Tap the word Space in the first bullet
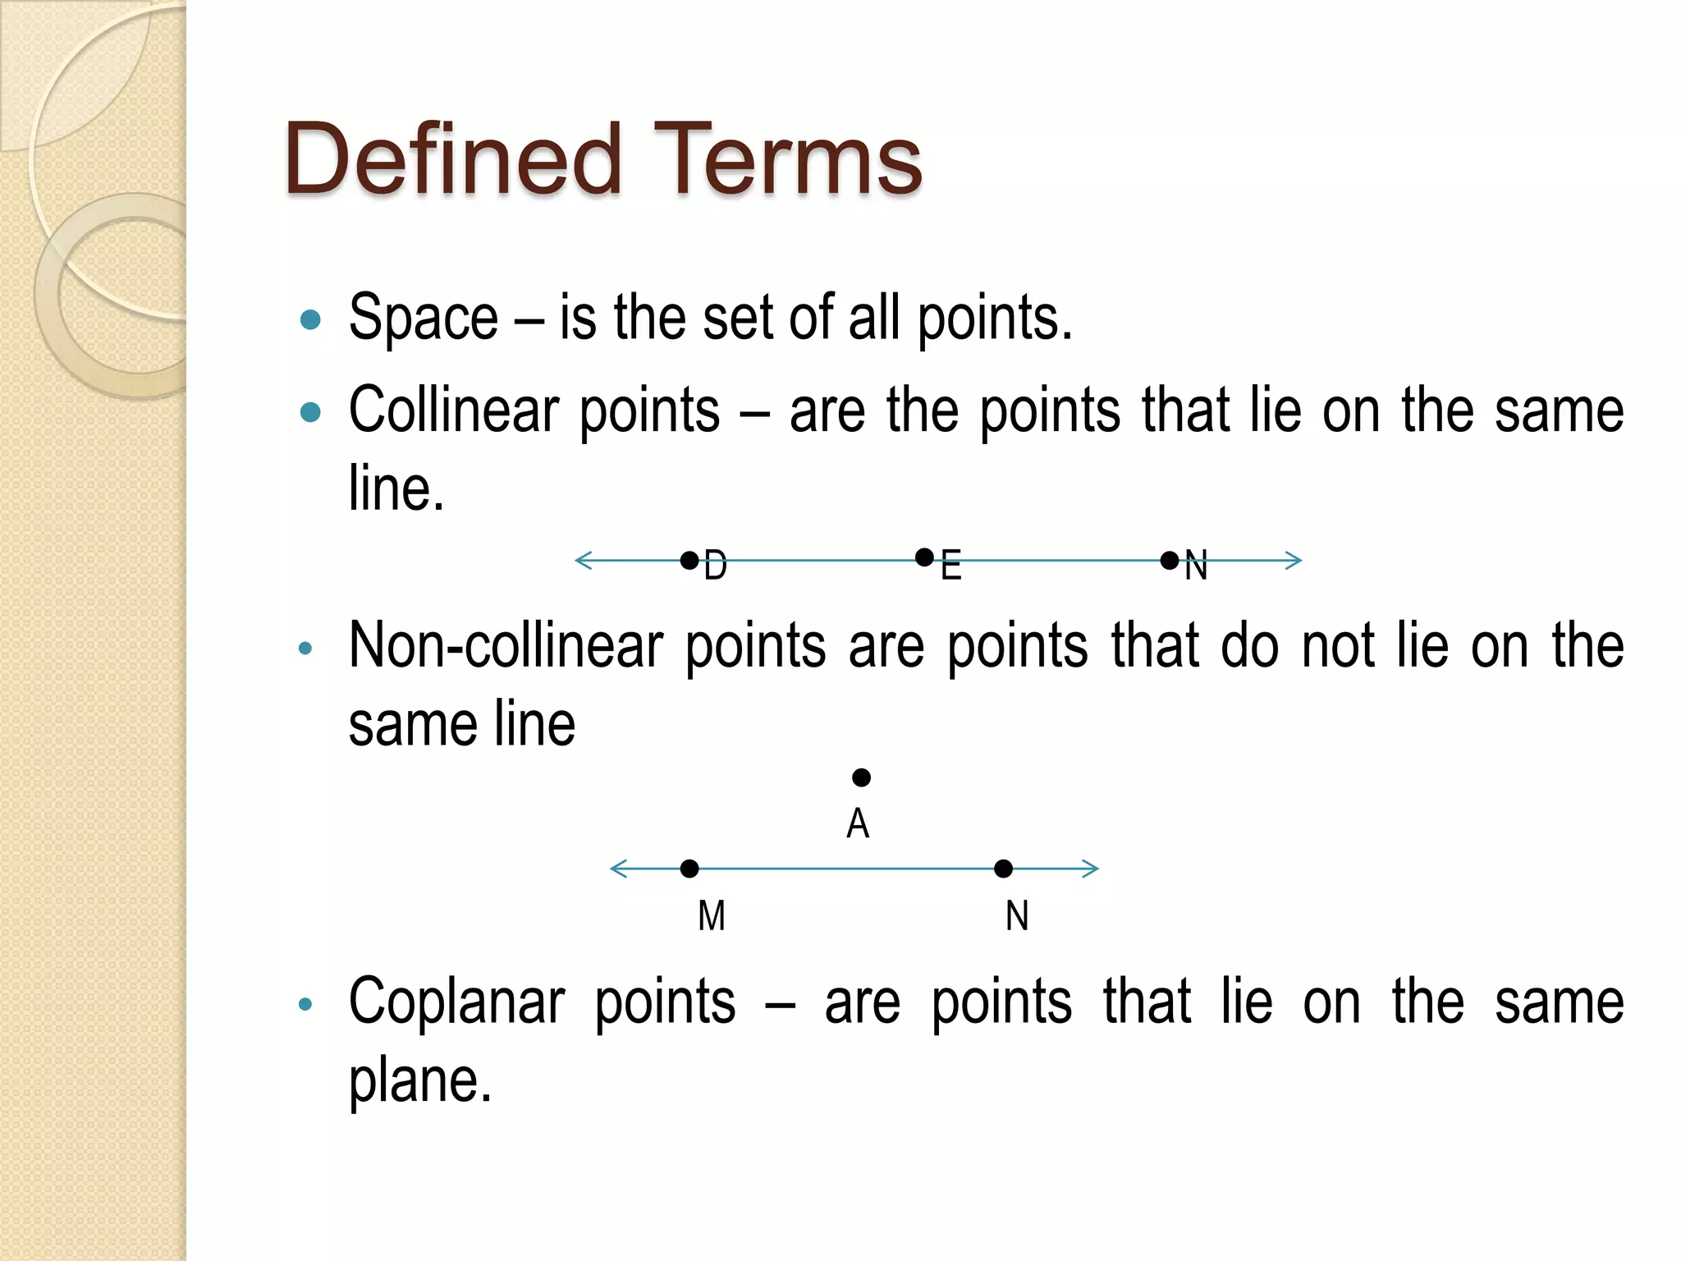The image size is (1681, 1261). (x=423, y=319)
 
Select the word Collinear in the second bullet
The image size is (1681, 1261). (x=453, y=410)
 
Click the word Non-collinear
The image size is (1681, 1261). (x=505, y=646)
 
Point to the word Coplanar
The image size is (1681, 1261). (x=456, y=1002)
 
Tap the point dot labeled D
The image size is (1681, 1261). (x=689, y=561)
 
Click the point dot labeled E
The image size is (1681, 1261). (x=924, y=557)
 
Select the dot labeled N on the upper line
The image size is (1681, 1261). (x=1170, y=561)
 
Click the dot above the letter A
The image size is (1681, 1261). (x=861, y=777)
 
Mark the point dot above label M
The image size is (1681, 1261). (x=689, y=869)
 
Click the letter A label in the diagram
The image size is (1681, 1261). (x=858, y=823)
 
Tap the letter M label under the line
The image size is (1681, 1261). (x=712, y=915)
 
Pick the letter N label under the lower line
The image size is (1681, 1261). (x=1017, y=915)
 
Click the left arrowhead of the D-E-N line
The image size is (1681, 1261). (x=583, y=561)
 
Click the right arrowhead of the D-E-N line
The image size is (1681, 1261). (x=1294, y=561)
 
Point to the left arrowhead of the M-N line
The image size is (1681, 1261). (x=618, y=869)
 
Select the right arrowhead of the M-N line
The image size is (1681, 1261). (x=1091, y=869)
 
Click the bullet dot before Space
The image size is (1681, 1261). (x=310, y=319)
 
